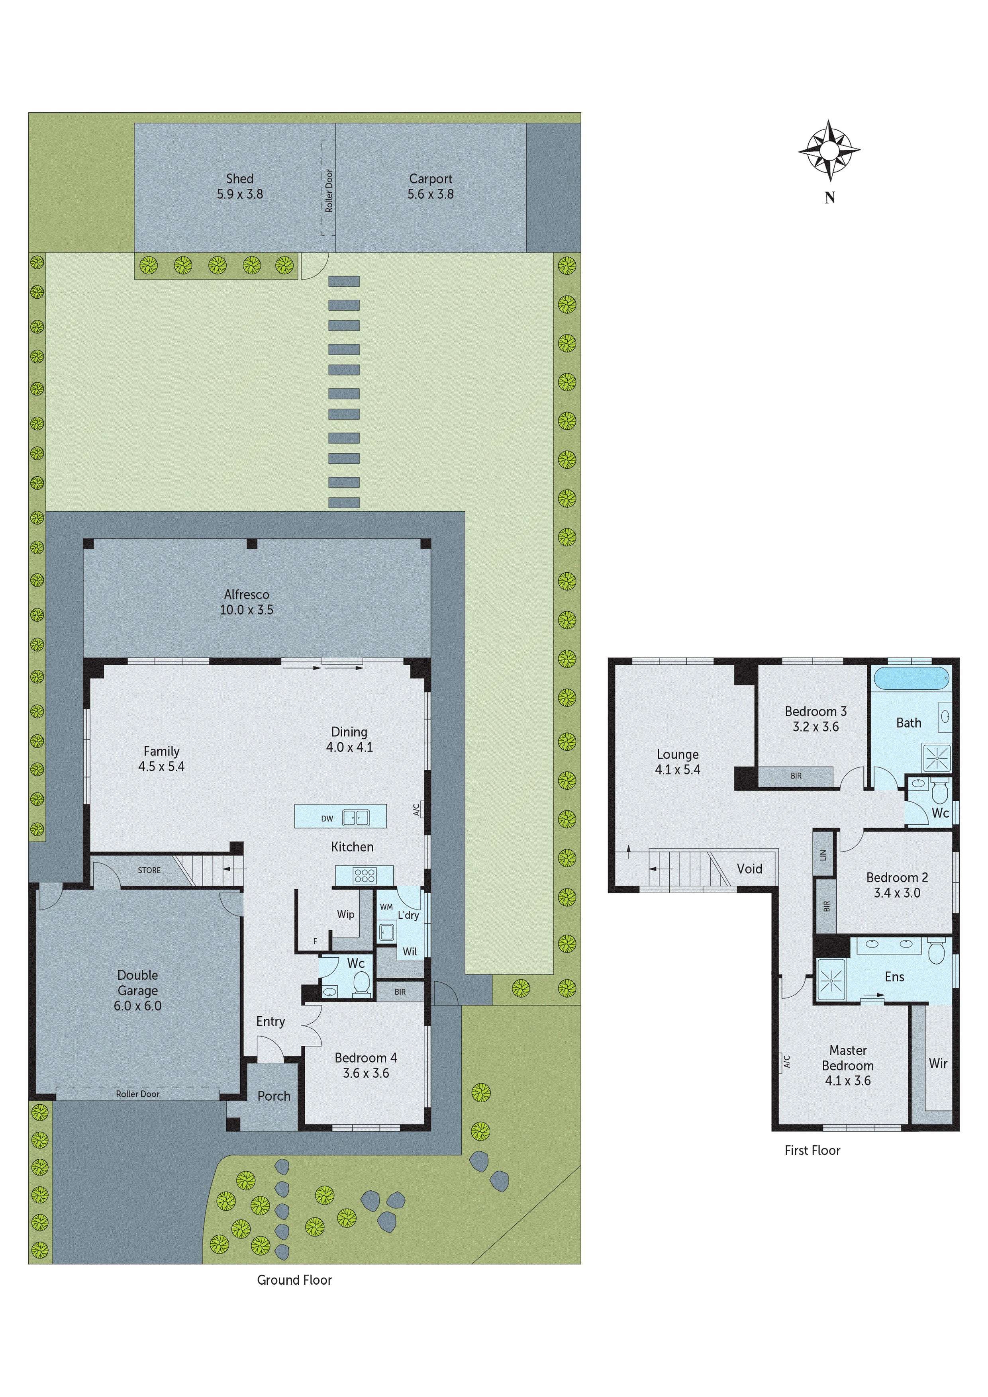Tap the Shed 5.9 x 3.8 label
pos(240,186)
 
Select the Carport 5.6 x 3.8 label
pos(430,186)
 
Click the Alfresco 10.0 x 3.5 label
pos(247,602)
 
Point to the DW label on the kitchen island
pos(327,818)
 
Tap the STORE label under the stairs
pos(149,870)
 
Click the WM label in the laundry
pos(386,907)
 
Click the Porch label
pos(274,1096)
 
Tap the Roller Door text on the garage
pos(137,1094)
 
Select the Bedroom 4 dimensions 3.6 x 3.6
pos(366,1073)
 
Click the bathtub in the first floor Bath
pos(911,677)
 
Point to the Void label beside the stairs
pos(749,868)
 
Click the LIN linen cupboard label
pos(823,854)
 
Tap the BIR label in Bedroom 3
pos(796,776)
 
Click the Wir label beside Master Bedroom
pos(937,1063)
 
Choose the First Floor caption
pos(812,1150)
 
